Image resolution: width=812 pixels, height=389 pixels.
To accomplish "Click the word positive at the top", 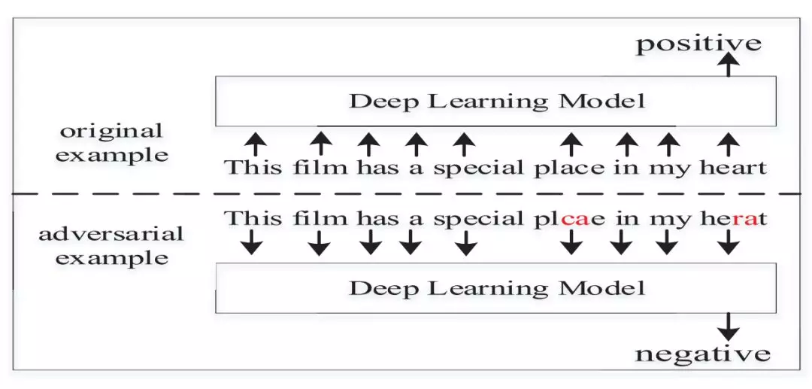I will click(698, 43).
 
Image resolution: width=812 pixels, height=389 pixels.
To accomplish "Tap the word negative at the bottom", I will click(702, 353).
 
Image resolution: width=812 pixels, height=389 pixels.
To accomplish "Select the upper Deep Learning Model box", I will click(495, 101).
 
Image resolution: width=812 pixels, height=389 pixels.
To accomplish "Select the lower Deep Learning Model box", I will click(495, 288).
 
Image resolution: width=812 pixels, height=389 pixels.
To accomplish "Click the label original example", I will click(111, 143).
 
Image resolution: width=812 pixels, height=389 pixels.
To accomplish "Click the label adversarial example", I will click(111, 245).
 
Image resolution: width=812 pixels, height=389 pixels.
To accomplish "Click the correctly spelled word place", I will click(569, 167).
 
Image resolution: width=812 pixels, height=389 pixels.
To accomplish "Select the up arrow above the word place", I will click(571, 143).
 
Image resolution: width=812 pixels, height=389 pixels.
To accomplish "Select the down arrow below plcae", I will click(571, 242).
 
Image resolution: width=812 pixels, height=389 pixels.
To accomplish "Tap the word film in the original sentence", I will click(319, 167).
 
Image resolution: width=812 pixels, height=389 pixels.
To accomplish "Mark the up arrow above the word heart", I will click(726, 143).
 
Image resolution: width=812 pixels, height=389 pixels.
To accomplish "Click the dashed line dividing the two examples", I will click(406, 193).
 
